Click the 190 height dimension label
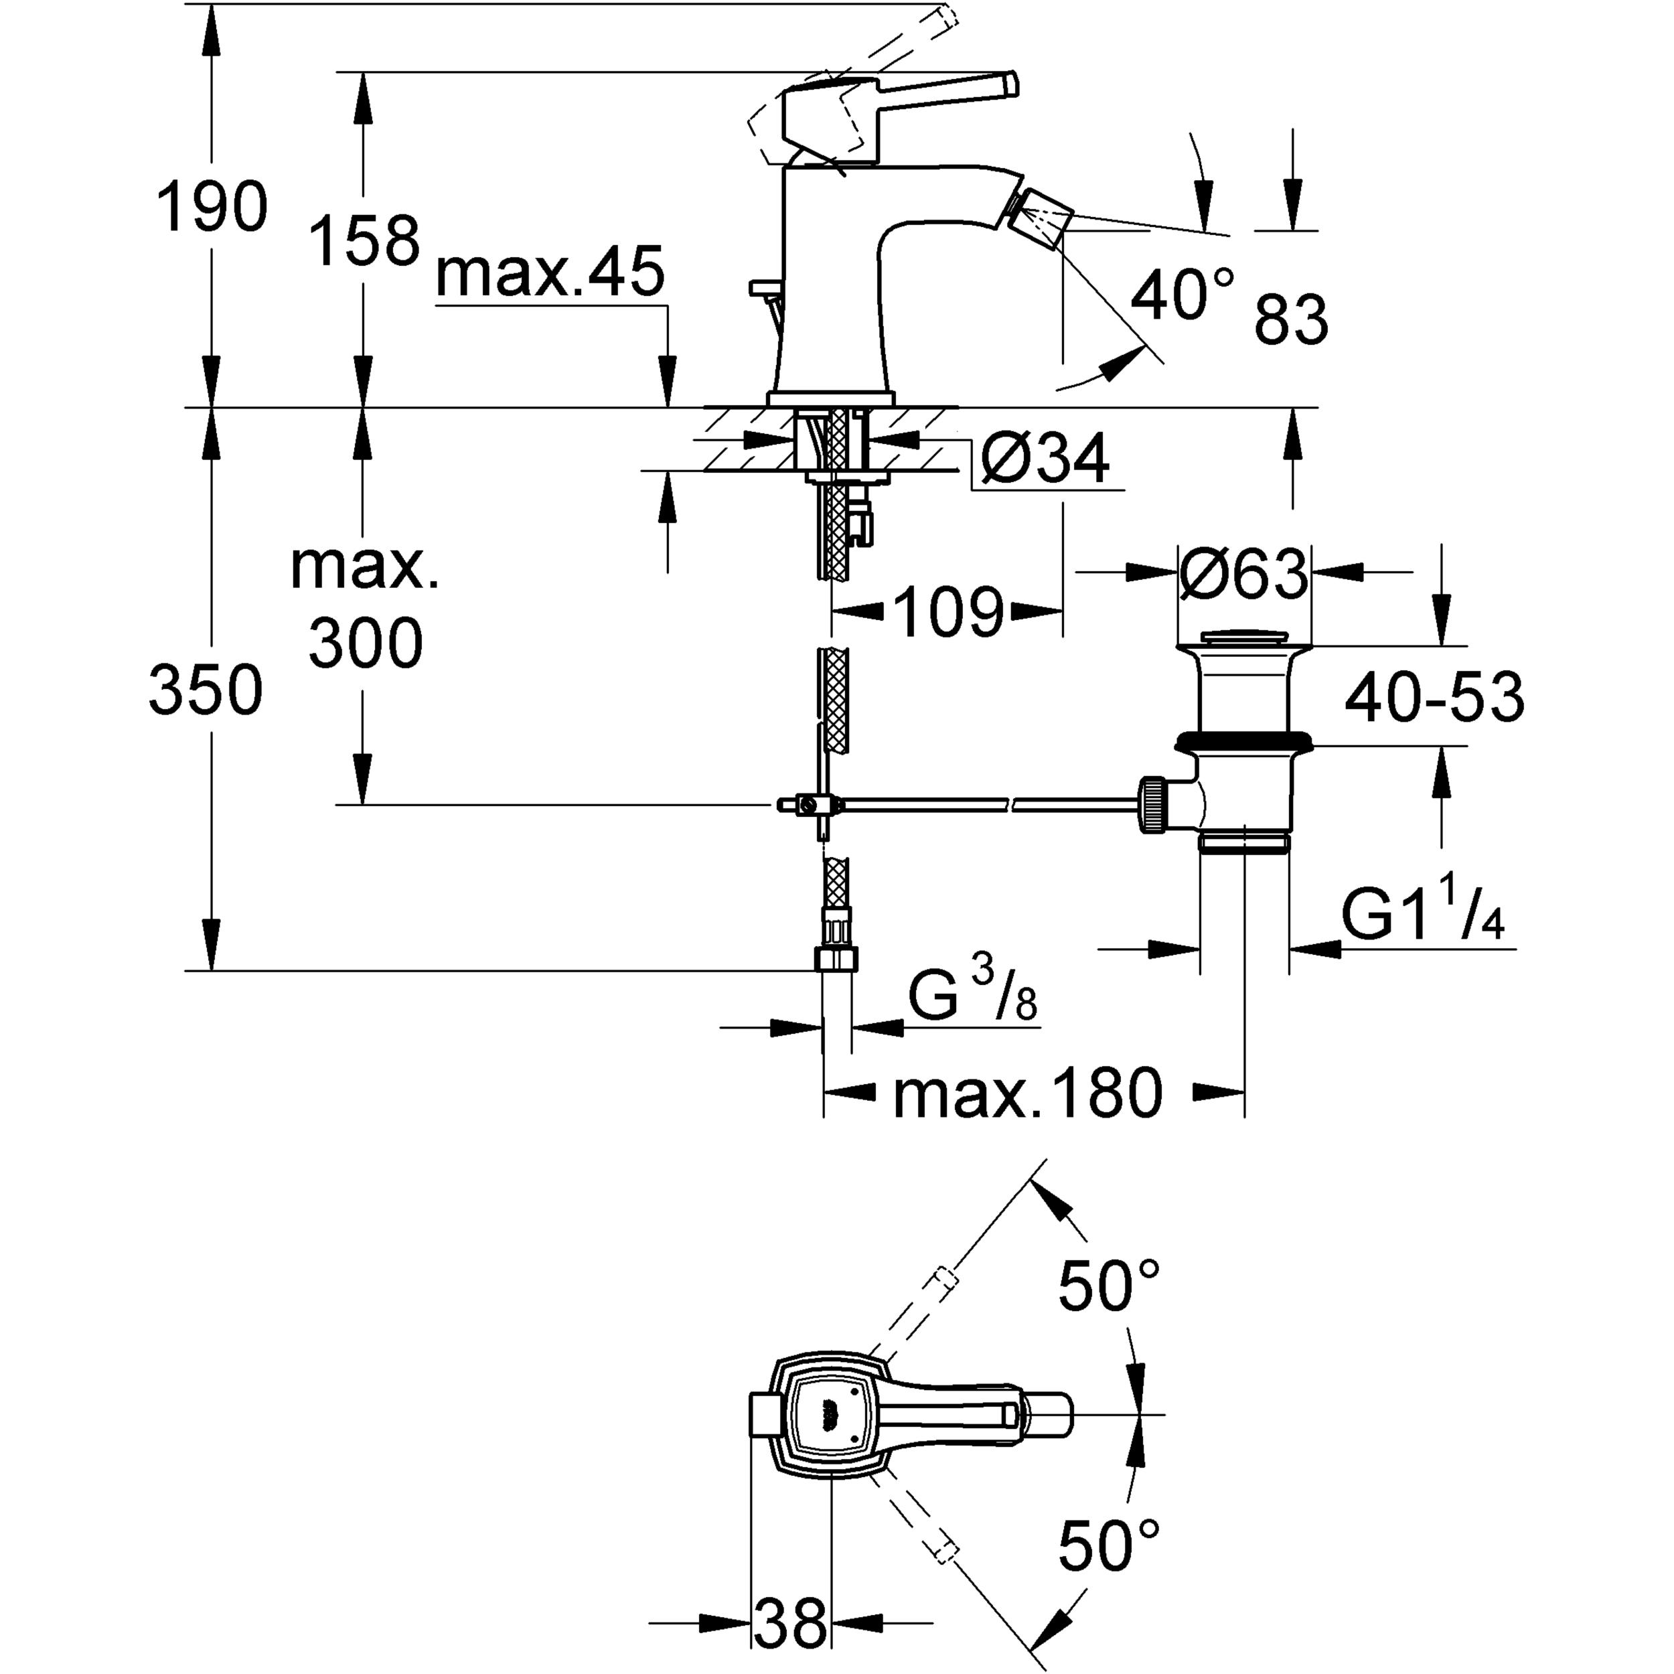point(212,206)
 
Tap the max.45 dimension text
point(550,271)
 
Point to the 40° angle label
point(1181,295)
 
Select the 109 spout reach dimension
point(948,613)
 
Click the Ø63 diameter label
point(1243,574)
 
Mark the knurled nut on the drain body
point(1153,804)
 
